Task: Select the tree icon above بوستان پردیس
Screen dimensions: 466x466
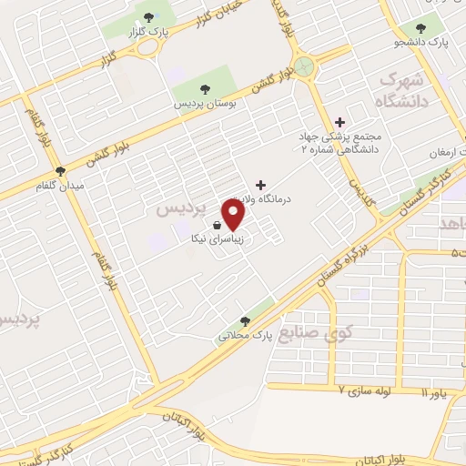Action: click(204, 90)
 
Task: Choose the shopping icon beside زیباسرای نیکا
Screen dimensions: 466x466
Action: click(216, 225)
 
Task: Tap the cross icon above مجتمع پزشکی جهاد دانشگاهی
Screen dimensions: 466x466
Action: click(340, 121)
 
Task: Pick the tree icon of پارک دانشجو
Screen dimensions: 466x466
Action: click(420, 28)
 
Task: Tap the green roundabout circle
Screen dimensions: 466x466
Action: click(304, 66)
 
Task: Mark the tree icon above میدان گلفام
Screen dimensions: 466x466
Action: click(61, 170)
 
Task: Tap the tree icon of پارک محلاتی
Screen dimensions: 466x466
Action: click(243, 320)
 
